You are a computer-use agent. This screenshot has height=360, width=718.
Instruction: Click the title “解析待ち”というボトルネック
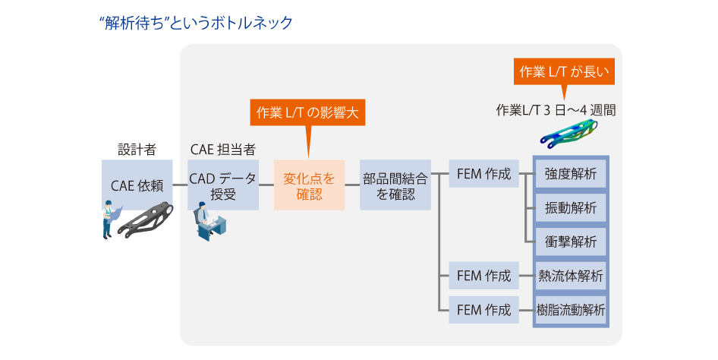click(196, 23)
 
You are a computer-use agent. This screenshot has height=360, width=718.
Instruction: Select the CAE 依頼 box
click(137, 185)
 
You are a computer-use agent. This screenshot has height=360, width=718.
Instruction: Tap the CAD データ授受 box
click(223, 185)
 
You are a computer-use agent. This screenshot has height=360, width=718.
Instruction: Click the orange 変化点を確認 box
click(309, 185)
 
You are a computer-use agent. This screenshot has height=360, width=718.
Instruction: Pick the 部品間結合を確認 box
click(395, 185)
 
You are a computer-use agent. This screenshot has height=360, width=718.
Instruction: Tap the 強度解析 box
click(571, 174)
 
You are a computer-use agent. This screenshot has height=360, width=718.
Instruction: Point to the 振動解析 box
click(571, 208)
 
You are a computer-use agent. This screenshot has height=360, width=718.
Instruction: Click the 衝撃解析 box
click(571, 242)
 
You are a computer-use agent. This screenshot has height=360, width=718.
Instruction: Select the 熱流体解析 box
click(571, 276)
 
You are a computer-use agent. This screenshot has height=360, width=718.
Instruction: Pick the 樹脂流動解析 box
click(571, 310)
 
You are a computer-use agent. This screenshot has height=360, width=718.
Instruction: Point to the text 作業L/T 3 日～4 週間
click(555, 109)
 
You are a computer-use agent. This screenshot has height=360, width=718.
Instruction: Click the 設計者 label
click(137, 149)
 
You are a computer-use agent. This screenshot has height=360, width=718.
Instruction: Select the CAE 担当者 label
click(222, 149)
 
